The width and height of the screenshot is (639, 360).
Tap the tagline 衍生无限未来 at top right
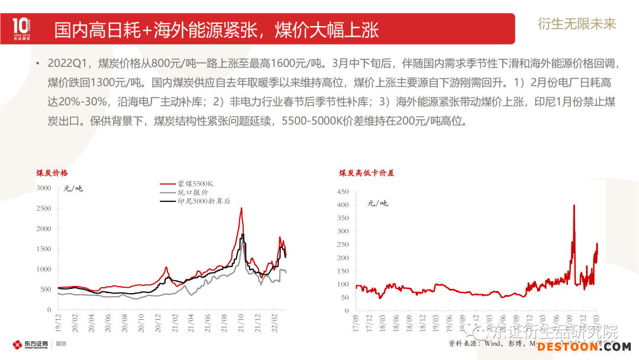tap(577, 24)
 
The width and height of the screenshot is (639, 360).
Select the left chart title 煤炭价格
tap(52, 173)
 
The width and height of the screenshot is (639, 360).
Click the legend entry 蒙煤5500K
tap(195, 184)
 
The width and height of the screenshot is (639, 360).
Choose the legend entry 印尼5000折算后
tap(204, 201)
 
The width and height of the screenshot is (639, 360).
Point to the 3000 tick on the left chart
tap(44, 188)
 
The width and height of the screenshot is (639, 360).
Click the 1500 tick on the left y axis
tap(44, 249)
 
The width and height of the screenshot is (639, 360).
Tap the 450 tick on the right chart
tap(343, 192)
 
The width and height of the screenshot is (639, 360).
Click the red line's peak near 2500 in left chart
tap(241, 208)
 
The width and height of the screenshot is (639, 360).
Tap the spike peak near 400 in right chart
tap(574, 205)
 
